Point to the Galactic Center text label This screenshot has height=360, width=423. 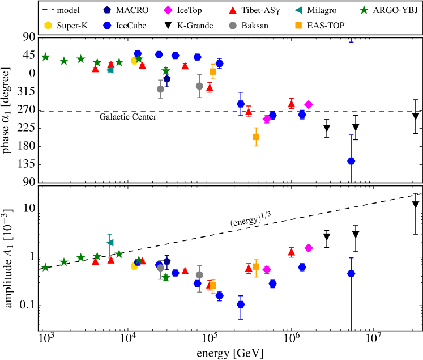coord(128,117)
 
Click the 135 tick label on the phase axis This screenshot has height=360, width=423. coord(27,164)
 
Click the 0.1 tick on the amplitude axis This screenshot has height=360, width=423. coord(27,306)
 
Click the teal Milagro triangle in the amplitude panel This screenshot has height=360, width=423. coord(110,243)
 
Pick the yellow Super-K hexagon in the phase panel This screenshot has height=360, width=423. coord(134,61)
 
